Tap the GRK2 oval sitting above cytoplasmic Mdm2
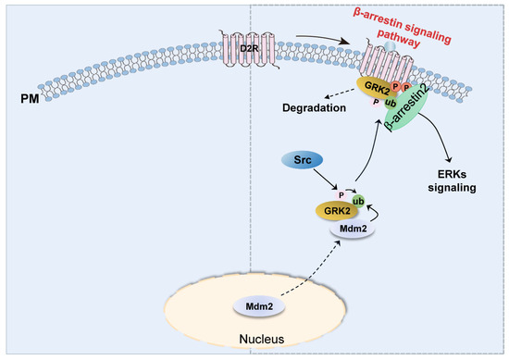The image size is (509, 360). [317, 209]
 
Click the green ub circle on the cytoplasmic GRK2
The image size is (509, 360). [358, 200]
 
